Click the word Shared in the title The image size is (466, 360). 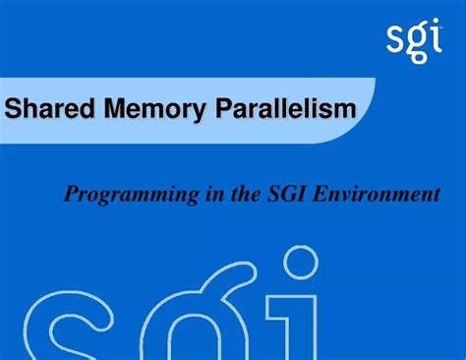click(46, 108)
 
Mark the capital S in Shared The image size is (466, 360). click(14, 108)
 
